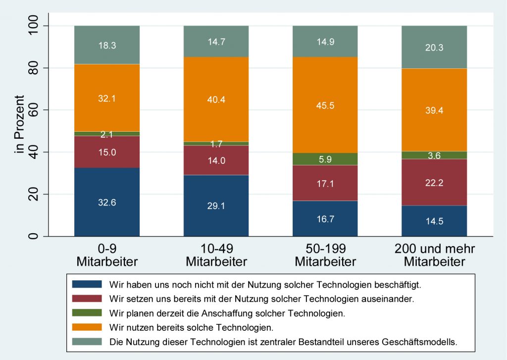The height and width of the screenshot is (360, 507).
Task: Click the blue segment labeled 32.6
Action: coord(107,202)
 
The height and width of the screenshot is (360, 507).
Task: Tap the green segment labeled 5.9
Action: coord(325,159)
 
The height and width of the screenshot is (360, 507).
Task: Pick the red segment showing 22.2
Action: coord(434,182)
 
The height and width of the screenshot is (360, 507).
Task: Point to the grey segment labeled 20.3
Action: coord(434,47)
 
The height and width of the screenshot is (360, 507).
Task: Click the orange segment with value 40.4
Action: coord(216,99)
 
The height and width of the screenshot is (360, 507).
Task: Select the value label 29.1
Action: coord(216,206)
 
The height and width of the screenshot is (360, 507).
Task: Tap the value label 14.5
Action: coord(434,221)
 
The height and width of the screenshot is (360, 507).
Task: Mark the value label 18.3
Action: coord(107,45)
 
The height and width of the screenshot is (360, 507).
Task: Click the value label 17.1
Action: coord(325,183)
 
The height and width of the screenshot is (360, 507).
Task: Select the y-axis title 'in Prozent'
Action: coord(20,131)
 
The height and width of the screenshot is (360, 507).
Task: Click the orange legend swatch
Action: coord(87,327)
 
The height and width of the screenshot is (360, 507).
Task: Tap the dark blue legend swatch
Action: coord(87,284)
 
